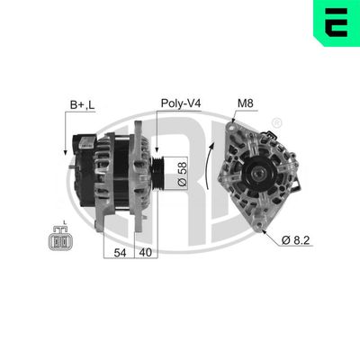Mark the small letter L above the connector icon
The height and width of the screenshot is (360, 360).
65,223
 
